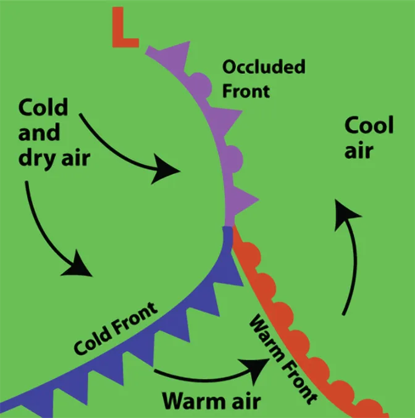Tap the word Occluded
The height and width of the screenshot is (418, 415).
click(x=264, y=66)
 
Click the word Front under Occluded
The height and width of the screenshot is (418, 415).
click(x=246, y=90)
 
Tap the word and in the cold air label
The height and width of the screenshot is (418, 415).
click(x=39, y=133)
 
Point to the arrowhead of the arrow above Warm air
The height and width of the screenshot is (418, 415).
click(x=259, y=364)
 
